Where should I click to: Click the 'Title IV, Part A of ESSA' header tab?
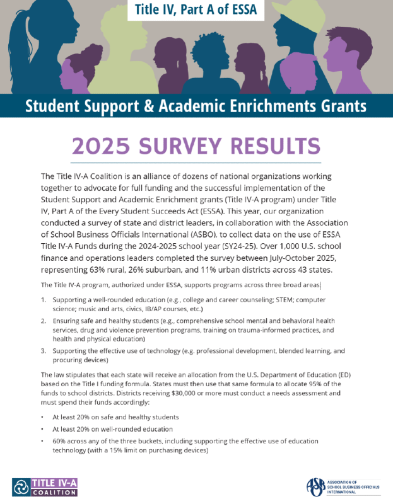[196, 11]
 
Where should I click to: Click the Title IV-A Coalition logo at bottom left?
[44, 486]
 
